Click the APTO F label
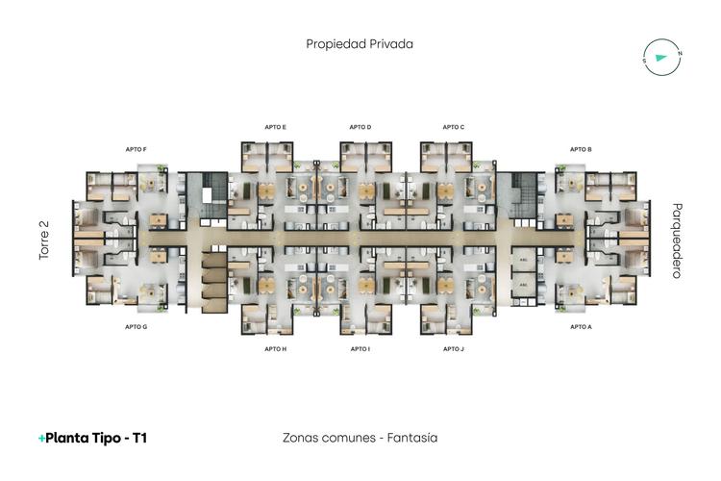tap(136, 149)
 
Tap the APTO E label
tap(276, 127)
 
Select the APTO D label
tap(360, 127)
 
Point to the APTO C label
tap(454, 127)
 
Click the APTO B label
tap(581, 149)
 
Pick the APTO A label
tap(581, 327)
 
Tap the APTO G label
tap(136, 327)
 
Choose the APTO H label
tap(276, 349)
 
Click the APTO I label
tap(360, 349)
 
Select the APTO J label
tap(454, 349)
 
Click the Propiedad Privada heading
tap(360, 43)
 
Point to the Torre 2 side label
tap(43, 240)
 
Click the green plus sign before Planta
tap(41, 439)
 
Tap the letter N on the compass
tap(679, 53)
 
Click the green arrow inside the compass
tap(659, 58)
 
